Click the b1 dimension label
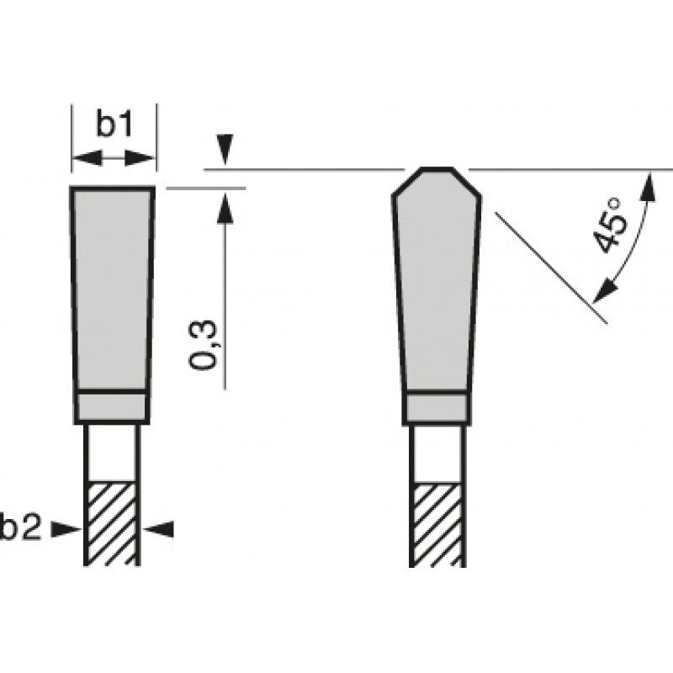coord(114,125)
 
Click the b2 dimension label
coord(20,529)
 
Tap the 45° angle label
coord(612,225)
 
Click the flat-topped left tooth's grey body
coord(113,286)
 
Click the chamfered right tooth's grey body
coord(437,286)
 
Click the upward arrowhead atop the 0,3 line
coord(224,206)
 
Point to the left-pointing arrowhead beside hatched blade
coord(159,529)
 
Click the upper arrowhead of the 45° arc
coord(648,187)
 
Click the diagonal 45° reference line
coord(551,268)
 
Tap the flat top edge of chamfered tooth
coord(437,169)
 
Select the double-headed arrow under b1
coord(114,157)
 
